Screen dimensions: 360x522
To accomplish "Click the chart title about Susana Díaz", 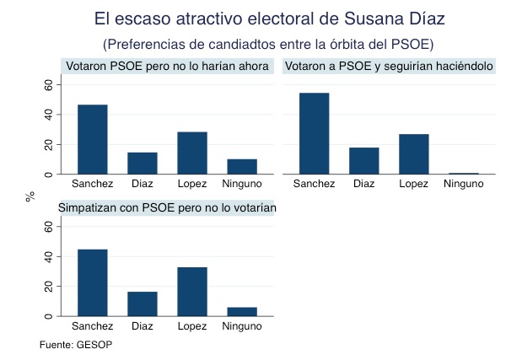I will (x=270, y=18).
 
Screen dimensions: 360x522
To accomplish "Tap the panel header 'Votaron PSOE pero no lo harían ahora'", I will (x=167, y=66).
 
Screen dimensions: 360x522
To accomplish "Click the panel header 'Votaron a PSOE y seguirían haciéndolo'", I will (x=390, y=66).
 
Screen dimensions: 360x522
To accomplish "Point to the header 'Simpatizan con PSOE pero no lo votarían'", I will (x=167, y=207).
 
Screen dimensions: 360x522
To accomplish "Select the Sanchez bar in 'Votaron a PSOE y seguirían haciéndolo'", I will (x=315, y=133).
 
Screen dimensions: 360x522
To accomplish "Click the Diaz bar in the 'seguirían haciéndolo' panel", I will (x=364, y=160).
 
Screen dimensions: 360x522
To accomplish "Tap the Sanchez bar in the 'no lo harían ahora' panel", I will (x=93, y=139).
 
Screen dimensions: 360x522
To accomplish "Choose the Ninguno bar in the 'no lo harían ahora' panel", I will (x=242, y=166).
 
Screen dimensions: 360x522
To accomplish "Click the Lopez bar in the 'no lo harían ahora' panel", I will (x=192, y=153).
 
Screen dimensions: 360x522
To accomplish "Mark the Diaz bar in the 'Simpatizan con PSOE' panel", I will (x=143, y=304).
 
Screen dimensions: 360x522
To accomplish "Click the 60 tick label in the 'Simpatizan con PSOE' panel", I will (x=48, y=226).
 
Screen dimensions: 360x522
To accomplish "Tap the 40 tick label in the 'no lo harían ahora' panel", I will (x=48, y=114).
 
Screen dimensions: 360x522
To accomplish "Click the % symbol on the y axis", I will (x=30, y=196).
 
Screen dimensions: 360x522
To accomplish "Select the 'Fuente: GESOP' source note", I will (x=76, y=345).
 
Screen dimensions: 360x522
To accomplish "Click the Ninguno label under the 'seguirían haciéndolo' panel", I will (x=464, y=184).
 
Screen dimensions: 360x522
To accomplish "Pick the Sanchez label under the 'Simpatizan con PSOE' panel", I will (x=93, y=325).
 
